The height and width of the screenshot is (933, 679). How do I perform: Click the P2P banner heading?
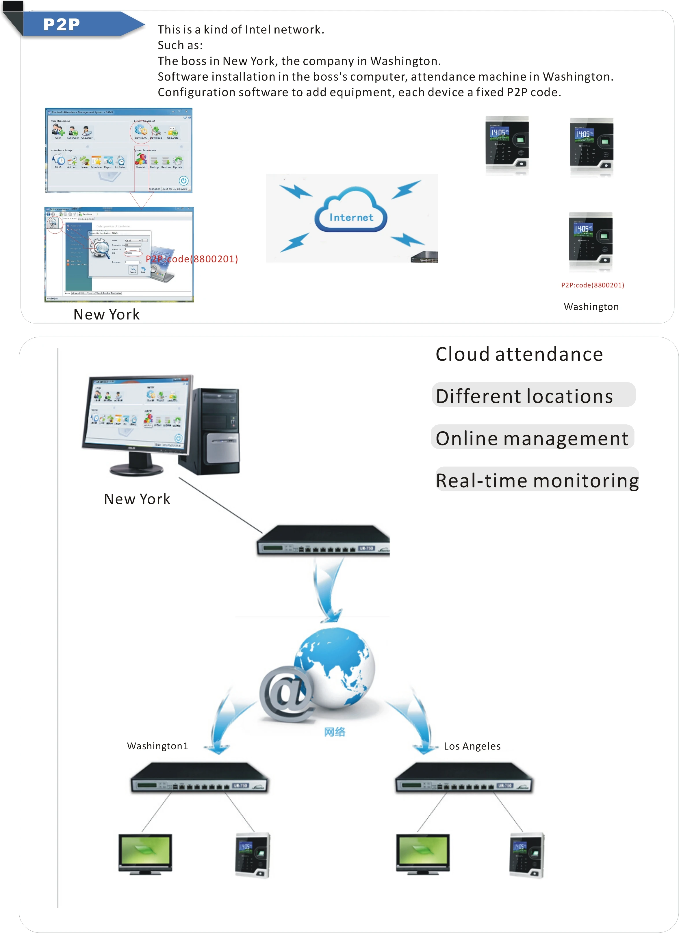(62, 24)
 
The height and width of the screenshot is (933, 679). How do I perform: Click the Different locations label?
(524, 396)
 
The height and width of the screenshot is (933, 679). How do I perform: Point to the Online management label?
(532, 438)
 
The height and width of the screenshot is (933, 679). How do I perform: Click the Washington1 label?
(157, 746)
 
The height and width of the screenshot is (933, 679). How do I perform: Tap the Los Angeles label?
(472, 746)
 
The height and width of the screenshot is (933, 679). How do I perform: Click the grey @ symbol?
(286, 693)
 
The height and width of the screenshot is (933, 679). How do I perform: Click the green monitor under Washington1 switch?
(145, 853)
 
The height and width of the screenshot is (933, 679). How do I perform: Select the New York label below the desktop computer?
(137, 499)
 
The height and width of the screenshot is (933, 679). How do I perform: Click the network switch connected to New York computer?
(323, 540)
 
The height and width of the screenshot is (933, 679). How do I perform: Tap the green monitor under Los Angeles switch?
(423, 853)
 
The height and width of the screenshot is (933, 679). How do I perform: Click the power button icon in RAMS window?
(183, 180)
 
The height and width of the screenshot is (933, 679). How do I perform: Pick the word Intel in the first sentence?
(258, 30)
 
